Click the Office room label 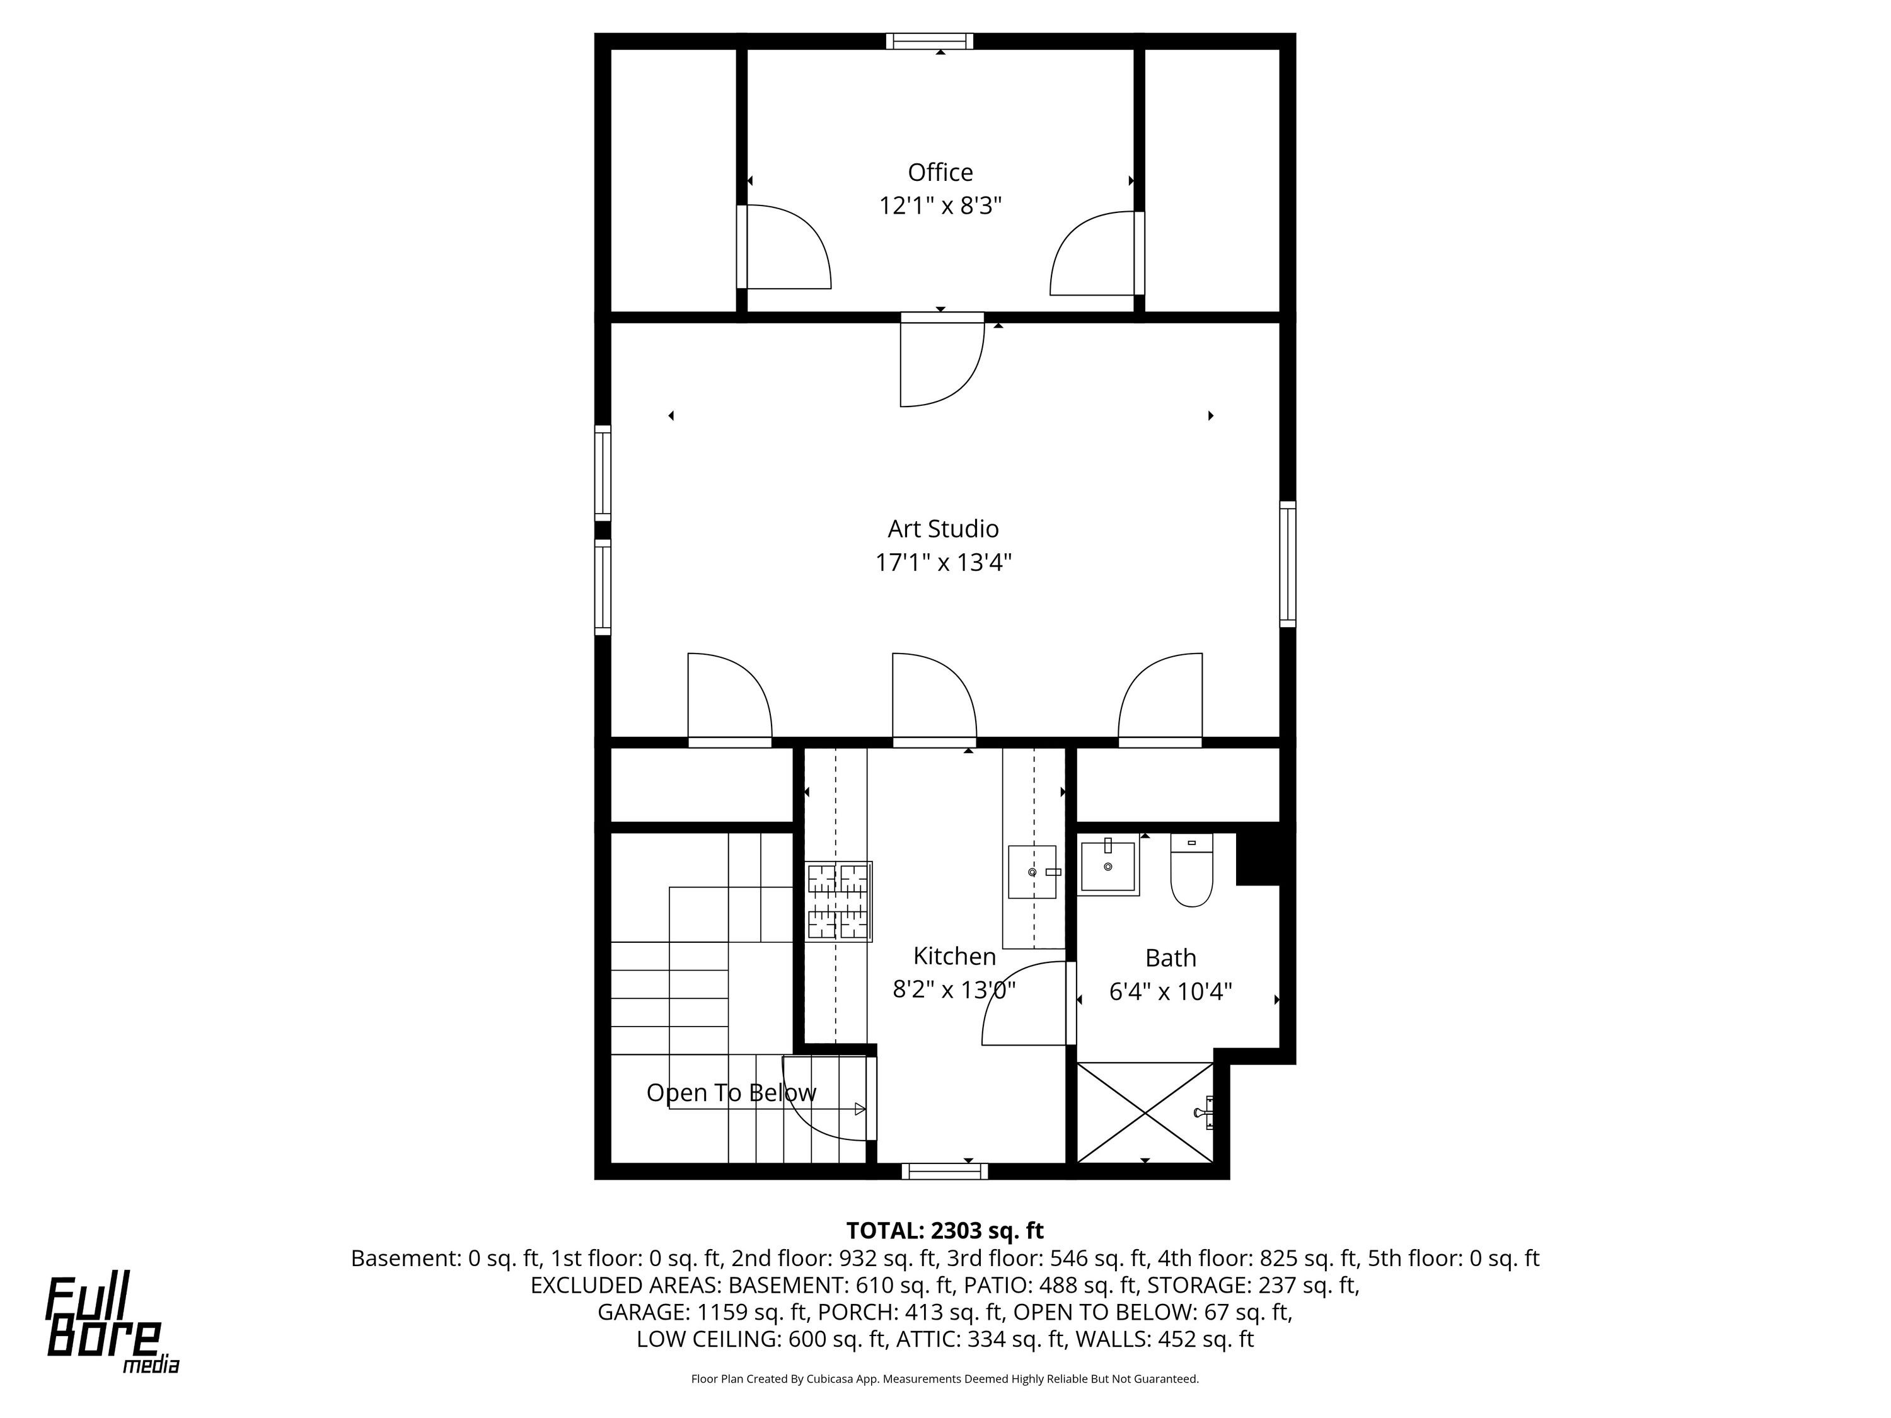tap(940, 173)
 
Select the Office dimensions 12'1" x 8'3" tap(940, 206)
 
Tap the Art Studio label tap(943, 529)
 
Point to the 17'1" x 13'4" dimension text tap(943, 562)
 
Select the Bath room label tap(1171, 957)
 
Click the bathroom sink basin tap(1108, 867)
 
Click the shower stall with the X tap(1145, 1112)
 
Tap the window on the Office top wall tap(929, 41)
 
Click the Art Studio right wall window tap(1287, 564)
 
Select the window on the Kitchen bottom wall tap(945, 1171)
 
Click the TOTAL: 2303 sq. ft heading tap(945, 1231)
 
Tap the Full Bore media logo tap(112, 1324)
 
